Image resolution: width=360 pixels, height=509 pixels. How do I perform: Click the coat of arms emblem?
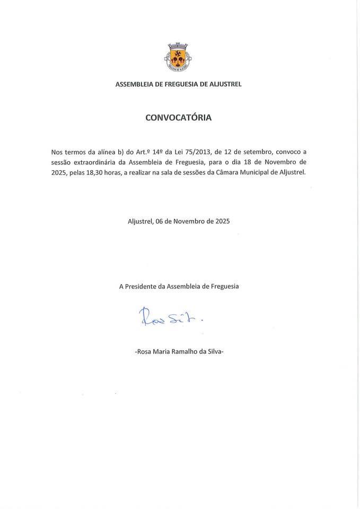178,57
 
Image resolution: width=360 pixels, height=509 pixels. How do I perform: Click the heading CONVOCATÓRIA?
178,118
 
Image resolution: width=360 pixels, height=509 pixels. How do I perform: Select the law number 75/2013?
195,152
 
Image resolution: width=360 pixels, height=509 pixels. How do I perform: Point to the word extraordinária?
95,162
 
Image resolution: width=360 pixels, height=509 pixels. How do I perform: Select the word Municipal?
258,172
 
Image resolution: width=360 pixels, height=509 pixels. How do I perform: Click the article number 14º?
157,152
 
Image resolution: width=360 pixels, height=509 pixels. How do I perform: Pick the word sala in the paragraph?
167,172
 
